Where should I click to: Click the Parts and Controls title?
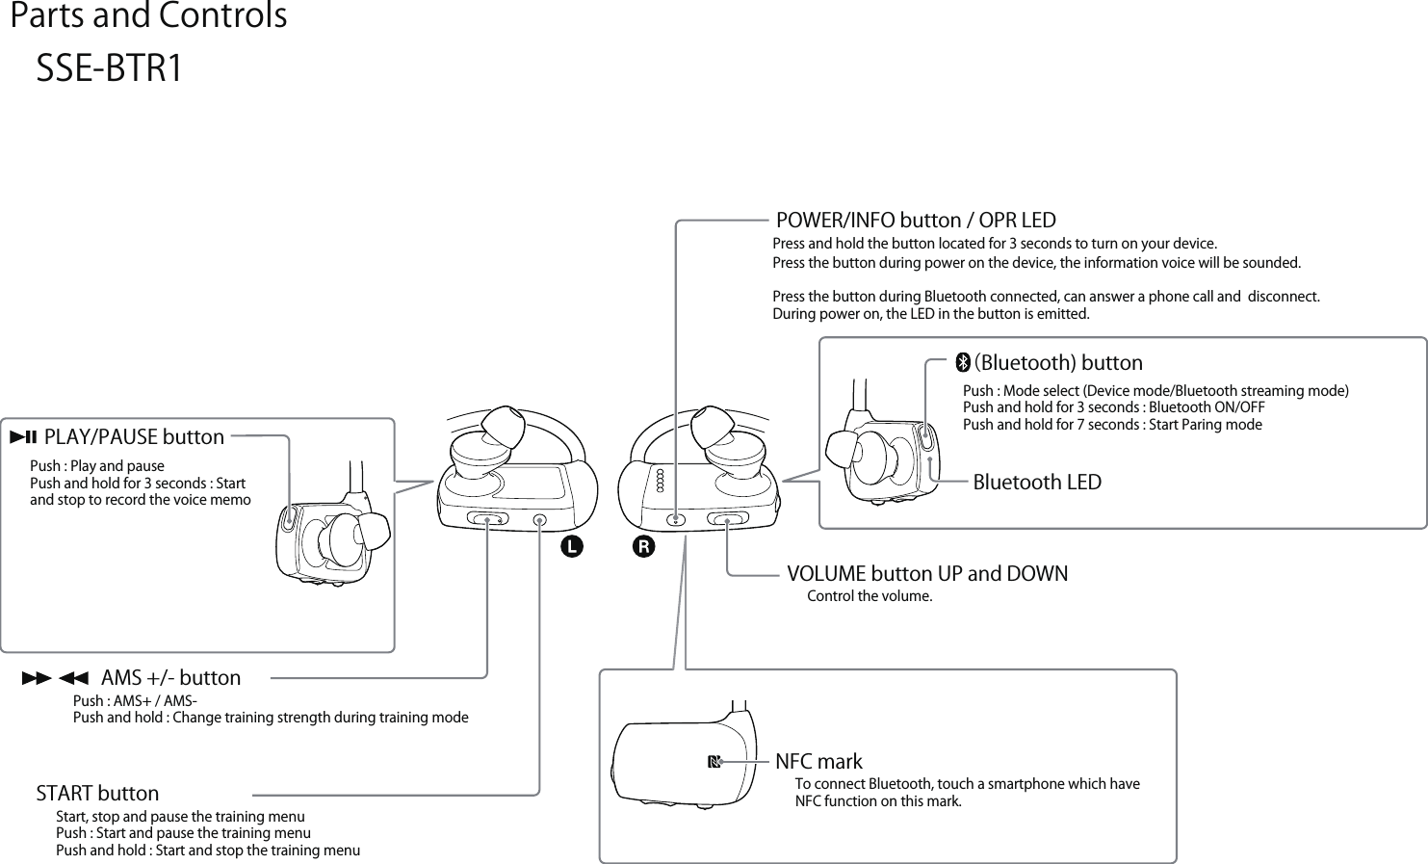click(148, 16)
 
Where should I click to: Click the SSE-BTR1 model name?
click(109, 69)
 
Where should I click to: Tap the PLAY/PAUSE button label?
click(134, 437)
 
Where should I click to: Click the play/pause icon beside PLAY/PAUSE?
click(23, 437)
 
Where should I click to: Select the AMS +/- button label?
click(170, 678)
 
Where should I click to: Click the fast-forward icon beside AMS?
click(36, 678)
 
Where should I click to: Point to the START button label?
click(97, 794)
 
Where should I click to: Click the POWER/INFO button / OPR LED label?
click(916, 221)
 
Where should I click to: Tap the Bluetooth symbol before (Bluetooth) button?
click(962, 363)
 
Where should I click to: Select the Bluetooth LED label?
click(1036, 482)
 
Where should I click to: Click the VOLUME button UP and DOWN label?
click(927, 574)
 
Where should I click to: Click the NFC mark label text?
click(818, 762)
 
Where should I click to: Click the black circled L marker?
click(572, 547)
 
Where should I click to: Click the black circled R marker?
click(642, 547)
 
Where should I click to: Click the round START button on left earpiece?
click(540, 520)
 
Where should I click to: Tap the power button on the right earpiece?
click(678, 520)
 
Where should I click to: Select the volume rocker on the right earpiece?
click(728, 520)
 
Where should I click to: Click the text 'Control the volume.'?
click(870, 596)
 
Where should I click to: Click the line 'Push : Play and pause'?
click(97, 466)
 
